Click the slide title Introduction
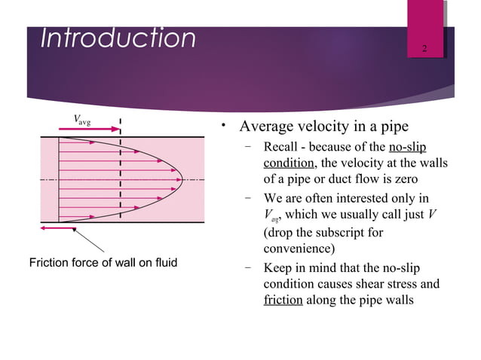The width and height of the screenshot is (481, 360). point(118,38)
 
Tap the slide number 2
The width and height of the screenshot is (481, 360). point(425,50)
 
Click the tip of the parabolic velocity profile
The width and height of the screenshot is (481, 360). point(182,179)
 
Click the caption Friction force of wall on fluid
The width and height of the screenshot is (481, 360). point(103,263)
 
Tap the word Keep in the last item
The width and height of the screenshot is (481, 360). point(276,269)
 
